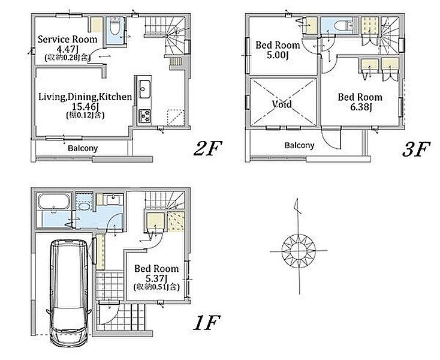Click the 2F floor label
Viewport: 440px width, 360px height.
click(x=207, y=149)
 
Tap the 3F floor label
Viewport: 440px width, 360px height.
click(x=416, y=149)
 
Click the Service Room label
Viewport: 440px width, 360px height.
click(x=67, y=40)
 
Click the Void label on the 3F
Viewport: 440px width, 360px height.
click(x=282, y=104)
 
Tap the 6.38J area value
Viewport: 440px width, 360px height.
click(x=361, y=107)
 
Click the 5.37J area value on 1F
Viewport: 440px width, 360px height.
click(x=156, y=278)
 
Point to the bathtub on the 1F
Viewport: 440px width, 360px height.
click(x=54, y=202)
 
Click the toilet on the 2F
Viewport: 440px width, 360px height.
click(x=115, y=26)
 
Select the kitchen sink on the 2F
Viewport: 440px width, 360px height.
click(x=144, y=89)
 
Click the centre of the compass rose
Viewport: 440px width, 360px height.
click(x=299, y=250)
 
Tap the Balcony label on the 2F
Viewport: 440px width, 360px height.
click(x=83, y=148)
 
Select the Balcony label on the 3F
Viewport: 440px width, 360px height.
click(x=299, y=145)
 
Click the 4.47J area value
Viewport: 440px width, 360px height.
click(x=67, y=49)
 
